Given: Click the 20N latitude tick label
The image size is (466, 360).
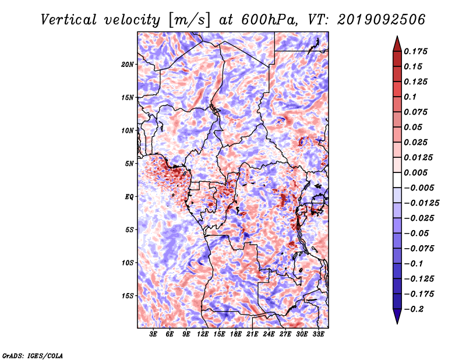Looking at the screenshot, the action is (128, 65).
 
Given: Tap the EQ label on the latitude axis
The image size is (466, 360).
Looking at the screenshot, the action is (129, 197).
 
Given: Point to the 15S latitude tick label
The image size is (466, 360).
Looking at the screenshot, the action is (128, 296).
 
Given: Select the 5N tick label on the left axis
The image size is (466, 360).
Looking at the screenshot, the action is (129, 164).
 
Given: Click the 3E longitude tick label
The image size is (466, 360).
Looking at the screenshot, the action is (153, 334).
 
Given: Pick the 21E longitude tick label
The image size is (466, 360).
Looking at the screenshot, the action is (252, 334).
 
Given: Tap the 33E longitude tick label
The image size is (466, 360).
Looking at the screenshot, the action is (318, 334).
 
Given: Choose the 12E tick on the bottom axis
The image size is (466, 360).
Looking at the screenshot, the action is (203, 334).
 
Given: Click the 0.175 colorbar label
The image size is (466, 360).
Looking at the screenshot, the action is (415, 51).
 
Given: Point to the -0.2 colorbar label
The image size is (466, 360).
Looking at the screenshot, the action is (414, 309).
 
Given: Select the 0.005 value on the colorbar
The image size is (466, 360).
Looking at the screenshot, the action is (415, 172).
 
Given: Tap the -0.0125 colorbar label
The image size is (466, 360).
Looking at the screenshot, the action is (421, 203).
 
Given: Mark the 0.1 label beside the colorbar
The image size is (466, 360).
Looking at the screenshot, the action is (410, 97).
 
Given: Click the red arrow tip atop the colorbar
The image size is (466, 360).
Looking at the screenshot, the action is (397, 37).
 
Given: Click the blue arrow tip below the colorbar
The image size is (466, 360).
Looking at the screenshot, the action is (397, 323).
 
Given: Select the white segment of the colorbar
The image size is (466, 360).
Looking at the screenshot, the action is (397, 180).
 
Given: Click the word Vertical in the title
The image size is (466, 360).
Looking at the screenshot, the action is (69, 20).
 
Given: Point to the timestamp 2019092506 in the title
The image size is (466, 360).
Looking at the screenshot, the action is (382, 20).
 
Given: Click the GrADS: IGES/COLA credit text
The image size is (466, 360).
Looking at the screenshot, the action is (33, 355).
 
